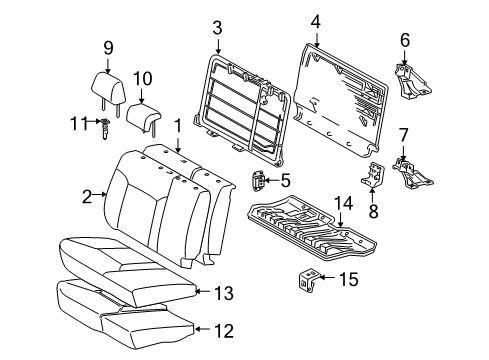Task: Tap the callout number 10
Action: click(142, 78)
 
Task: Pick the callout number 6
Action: click(404, 40)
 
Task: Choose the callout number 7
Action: click(404, 134)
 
